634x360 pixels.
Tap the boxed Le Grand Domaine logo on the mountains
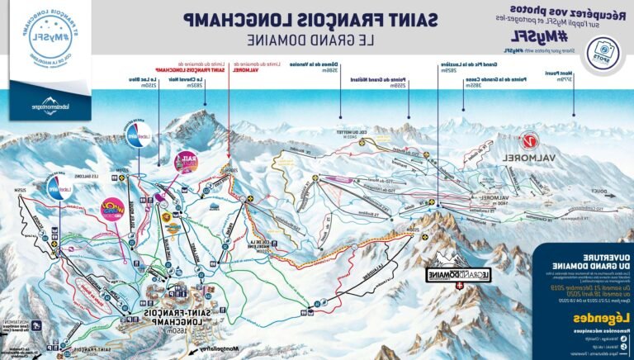(x=454, y=276)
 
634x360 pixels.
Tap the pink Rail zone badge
(x=187, y=162)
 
